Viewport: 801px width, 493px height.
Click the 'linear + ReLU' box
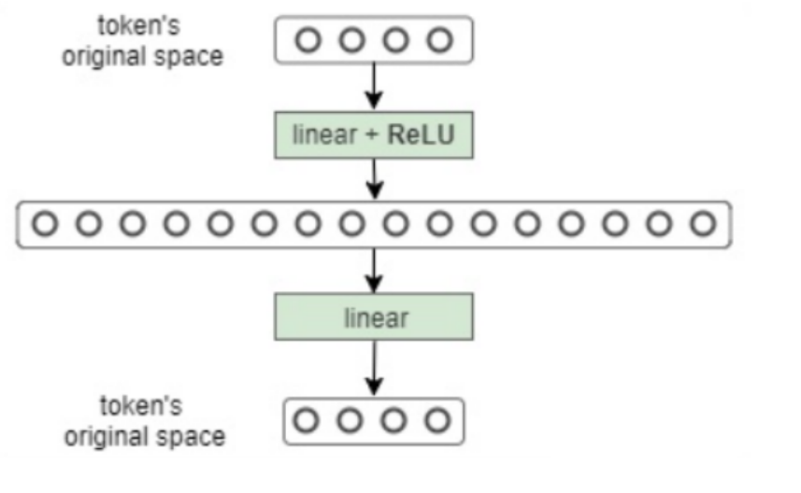point(374,134)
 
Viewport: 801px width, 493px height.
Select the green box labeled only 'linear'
point(374,317)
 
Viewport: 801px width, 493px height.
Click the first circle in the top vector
point(308,40)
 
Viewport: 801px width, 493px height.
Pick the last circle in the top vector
point(440,40)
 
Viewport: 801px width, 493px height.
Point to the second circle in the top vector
point(351,40)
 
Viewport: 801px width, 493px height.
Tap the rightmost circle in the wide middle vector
point(703,224)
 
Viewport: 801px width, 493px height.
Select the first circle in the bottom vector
point(306,420)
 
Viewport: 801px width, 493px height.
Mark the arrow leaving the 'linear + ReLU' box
point(374,177)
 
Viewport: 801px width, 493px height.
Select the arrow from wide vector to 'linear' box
point(374,271)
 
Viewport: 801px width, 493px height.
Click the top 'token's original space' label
point(142,43)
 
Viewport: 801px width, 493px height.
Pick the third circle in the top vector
point(396,40)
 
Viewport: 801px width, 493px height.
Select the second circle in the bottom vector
point(350,420)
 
